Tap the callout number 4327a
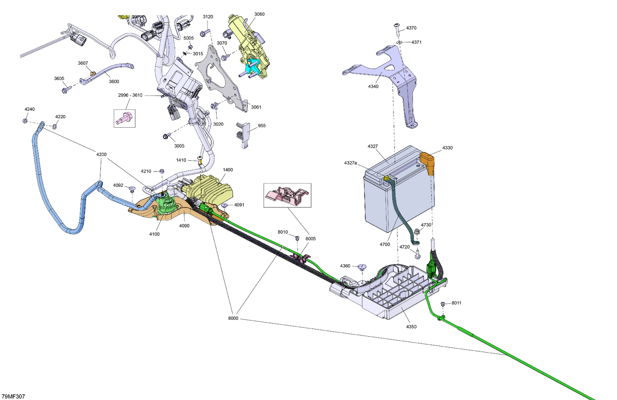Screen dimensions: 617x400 click(x=350, y=163)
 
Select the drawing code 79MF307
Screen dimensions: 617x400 click(x=13, y=396)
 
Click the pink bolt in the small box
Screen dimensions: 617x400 click(x=125, y=119)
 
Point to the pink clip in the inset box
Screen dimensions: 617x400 click(x=287, y=195)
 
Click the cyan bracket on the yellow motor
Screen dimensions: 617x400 click(x=253, y=67)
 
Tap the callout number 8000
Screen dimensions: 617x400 click(x=233, y=318)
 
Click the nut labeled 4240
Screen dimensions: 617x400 click(x=25, y=121)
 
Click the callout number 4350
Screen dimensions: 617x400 click(x=411, y=327)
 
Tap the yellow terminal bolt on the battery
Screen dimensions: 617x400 click(x=386, y=178)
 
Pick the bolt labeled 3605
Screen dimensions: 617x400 click(x=66, y=90)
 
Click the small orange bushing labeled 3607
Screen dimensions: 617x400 click(x=93, y=74)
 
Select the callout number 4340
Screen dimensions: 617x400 click(x=373, y=86)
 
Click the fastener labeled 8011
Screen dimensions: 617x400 click(x=443, y=304)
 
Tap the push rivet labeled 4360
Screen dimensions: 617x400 click(x=362, y=267)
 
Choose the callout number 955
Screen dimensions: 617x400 click(x=262, y=126)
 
